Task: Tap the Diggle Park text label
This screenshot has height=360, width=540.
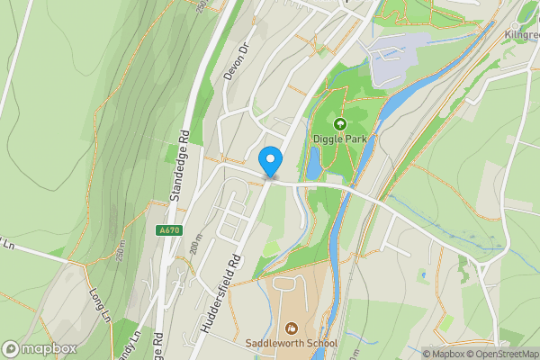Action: [340, 139]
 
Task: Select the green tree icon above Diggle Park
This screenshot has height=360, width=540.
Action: [340, 124]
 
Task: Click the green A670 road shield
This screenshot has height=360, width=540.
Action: [168, 230]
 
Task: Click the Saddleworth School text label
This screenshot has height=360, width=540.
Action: [291, 343]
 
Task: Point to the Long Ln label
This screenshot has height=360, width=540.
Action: [99, 303]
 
